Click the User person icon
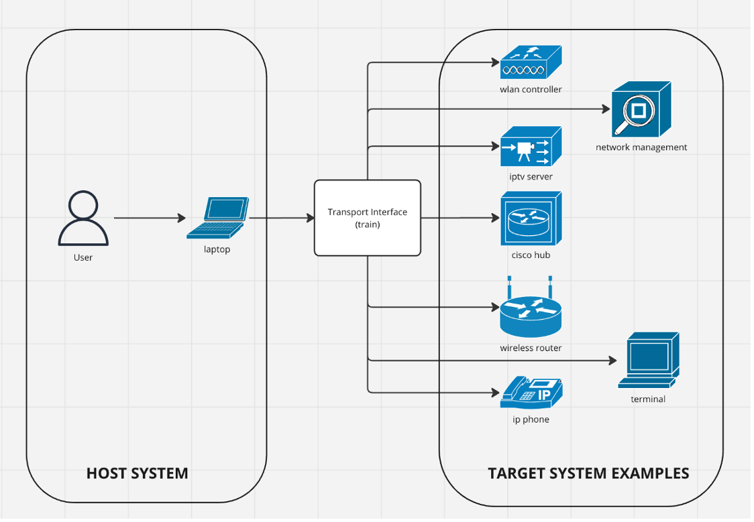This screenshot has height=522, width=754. (83, 218)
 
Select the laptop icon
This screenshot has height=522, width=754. (218, 218)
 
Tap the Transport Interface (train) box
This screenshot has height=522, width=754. (368, 218)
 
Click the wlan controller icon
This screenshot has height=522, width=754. (531, 62)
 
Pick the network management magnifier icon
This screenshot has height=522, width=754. (641, 109)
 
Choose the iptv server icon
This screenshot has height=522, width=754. (531, 147)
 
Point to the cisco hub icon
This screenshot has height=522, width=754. (531, 219)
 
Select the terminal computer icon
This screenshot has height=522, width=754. (649, 360)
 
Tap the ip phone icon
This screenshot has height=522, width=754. (531, 393)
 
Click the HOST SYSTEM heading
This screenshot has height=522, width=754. (138, 473)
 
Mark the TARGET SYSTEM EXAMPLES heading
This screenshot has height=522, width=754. (588, 473)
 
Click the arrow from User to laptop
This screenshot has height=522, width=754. (149, 218)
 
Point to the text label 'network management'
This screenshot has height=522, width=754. (641, 147)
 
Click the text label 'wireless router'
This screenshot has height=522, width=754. (531, 348)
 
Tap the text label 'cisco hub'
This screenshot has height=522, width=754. (531, 255)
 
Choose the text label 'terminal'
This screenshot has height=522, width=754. (648, 399)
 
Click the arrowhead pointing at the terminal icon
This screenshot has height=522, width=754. (612, 361)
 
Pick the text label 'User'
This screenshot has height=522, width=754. (83, 257)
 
